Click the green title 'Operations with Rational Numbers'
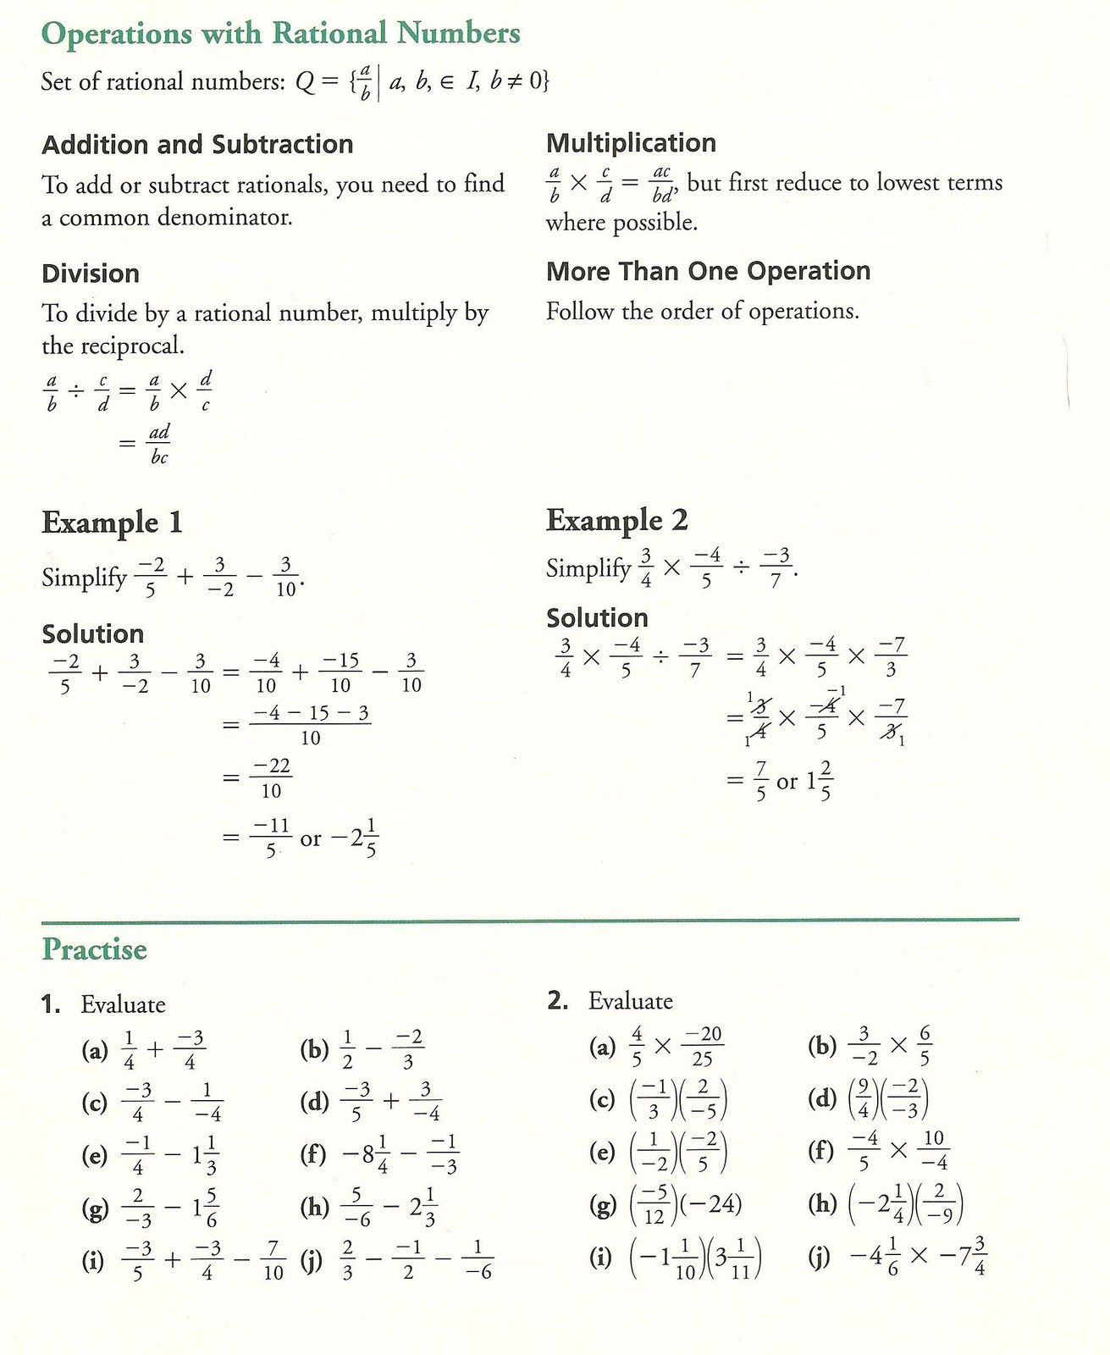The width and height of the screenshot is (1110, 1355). [280, 34]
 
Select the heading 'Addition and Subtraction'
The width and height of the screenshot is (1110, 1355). [197, 145]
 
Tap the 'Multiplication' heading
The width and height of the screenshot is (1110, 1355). [631, 143]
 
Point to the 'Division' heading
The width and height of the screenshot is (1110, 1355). [91, 274]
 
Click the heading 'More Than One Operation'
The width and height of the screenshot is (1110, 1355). [708, 271]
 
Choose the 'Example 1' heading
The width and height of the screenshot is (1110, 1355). [112, 523]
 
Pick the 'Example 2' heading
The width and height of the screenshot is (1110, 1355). [616, 520]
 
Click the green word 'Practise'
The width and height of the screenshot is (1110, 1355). [94, 949]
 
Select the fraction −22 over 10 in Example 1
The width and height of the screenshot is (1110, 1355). [270, 777]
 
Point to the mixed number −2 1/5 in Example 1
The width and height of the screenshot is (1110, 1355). [354, 838]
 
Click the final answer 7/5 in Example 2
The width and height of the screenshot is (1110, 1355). [759, 781]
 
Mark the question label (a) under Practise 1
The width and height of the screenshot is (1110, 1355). [94, 1051]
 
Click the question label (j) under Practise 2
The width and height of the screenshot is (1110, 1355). [819, 1257]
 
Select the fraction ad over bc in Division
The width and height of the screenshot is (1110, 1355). [159, 444]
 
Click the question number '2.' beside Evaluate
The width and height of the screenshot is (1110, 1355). [557, 1001]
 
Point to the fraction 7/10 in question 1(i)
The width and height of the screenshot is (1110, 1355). [273, 1260]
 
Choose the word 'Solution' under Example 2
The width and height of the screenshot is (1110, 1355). [597, 617]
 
